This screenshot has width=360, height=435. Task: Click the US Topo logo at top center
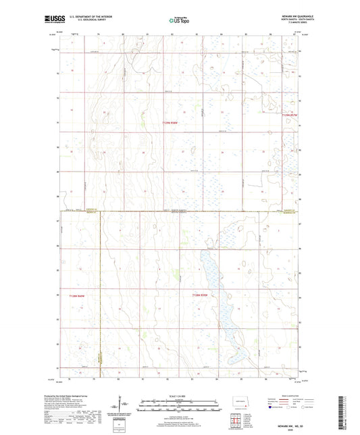pos(179,20)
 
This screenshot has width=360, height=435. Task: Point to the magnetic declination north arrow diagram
pos(126,406)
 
